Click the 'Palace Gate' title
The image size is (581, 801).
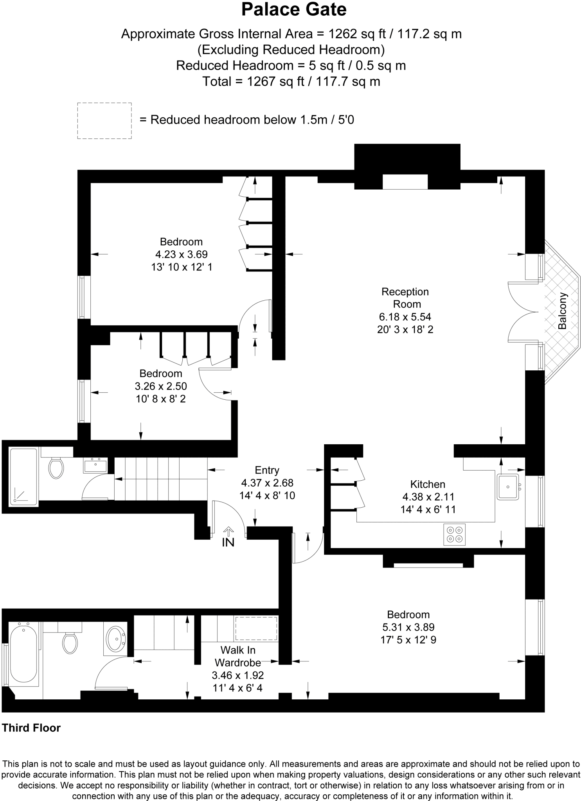click(x=294, y=10)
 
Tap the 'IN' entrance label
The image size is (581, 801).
click(x=228, y=542)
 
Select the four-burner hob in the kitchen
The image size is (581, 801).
click(x=455, y=534)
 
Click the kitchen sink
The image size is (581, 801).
click(x=508, y=487)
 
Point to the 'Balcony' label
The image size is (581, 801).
click(x=562, y=311)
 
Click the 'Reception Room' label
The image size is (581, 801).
click(x=405, y=298)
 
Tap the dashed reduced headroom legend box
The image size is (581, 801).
click(x=104, y=120)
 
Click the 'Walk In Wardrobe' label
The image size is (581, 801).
click(x=238, y=656)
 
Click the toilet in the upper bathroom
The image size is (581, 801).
click(x=56, y=468)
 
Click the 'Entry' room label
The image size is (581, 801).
click(x=267, y=470)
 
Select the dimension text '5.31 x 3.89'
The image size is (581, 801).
click(x=408, y=627)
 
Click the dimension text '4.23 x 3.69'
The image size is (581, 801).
click(x=182, y=254)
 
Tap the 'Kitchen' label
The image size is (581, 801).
click(x=428, y=484)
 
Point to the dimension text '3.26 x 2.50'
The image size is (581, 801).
click(x=161, y=386)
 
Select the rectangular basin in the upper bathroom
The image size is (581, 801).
click(x=95, y=465)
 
